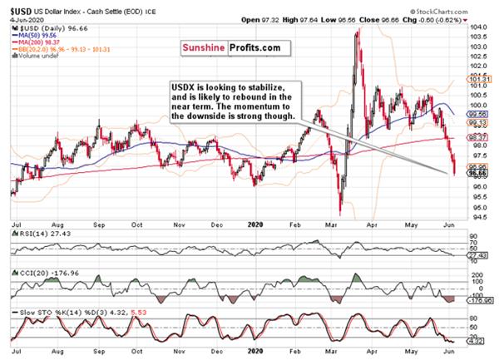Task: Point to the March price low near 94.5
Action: tap(341, 213)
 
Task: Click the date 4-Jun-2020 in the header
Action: tap(20, 17)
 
